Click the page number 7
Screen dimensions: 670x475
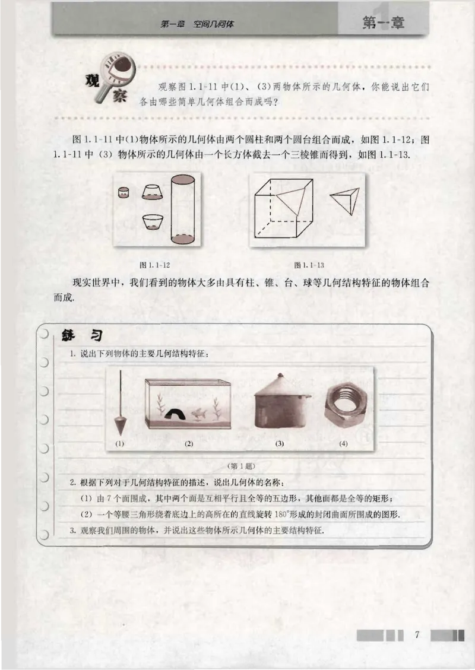(417, 635)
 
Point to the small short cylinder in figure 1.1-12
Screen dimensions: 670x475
(123, 192)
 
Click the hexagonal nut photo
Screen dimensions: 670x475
(344, 411)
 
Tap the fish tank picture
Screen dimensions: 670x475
(188, 404)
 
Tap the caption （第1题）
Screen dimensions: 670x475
(236, 466)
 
